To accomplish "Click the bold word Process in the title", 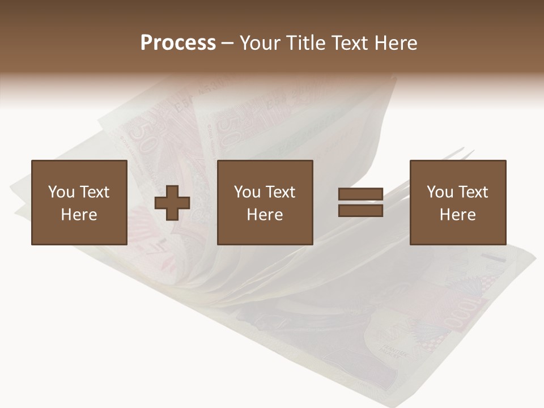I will (x=178, y=43).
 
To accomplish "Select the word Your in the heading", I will (x=260, y=43).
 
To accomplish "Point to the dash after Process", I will (x=227, y=44).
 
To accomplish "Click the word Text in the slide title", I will (x=349, y=43).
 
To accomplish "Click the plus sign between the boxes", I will (x=172, y=203).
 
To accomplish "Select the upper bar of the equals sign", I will (x=360, y=194).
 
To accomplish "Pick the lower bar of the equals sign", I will (x=360, y=211).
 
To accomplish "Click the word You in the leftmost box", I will (x=61, y=192).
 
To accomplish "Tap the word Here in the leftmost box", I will (x=79, y=215).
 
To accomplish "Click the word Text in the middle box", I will (x=280, y=192).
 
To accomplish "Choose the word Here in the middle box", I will (x=265, y=215).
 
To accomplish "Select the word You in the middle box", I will (x=248, y=192).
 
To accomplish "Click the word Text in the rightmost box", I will (x=473, y=192).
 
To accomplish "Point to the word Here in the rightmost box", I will (x=457, y=215).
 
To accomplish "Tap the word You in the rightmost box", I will (x=440, y=192).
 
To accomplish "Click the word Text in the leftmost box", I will (x=94, y=192).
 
